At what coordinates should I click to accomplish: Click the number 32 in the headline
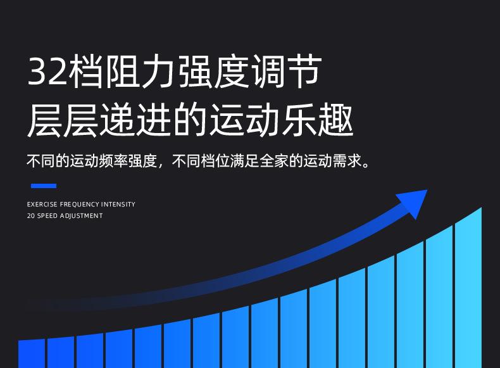(47, 71)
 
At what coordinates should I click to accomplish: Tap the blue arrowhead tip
(427, 190)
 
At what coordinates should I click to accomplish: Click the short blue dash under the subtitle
(44, 186)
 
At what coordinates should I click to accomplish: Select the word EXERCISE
(42, 204)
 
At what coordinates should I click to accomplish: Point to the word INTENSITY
(118, 204)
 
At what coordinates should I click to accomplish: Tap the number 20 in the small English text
(31, 216)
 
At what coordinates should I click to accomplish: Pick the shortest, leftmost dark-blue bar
(32, 353)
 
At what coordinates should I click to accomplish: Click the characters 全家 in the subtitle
(274, 160)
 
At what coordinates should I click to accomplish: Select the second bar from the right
(439, 296)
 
